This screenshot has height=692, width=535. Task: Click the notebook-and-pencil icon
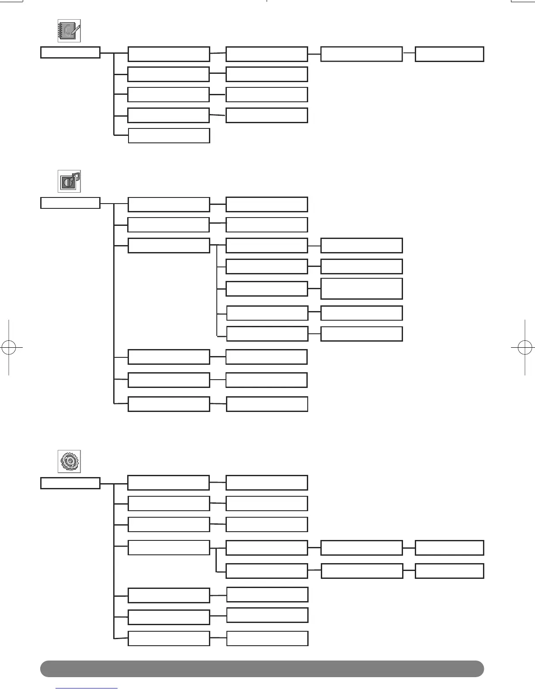pyautogui.click(x=69, y=31)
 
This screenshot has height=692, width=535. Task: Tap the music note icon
pyautogui.click(x=69, y=181)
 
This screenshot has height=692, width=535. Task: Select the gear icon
pyautogui.click(x=69, y=461)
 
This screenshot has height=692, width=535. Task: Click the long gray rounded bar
pyautogui.click(x=262, y=668)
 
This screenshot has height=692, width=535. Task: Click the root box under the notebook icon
pyautogui.click(x=70, y=52)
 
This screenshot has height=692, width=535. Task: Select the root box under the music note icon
pyautogui.click(x=70, y=203)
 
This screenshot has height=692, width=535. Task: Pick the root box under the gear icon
pyautogui.click(x=70, y=483)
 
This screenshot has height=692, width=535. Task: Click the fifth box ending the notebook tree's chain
pyautogui.click(x=449, y=54)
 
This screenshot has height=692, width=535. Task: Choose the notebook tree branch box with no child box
pyautogui.click(x=169, y=135)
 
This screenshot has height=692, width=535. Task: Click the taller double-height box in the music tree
pyautogui.click(x=361, y=289)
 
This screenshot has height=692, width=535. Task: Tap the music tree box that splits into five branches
pyautogui.click(x=169, y=246)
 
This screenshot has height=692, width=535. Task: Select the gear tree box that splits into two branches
pyautogui.click(x=169, y=548)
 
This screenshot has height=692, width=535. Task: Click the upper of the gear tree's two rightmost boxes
pyautogui.click(x=449, y=548)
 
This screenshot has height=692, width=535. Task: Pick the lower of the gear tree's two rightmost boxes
pyautogui.click(x=449, y=571)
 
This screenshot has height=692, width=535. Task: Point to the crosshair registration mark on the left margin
pyautogui.click(x=9, y=347)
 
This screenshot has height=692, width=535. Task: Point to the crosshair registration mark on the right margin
pyautogui.click(x=525, y=347)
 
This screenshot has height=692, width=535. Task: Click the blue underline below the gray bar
pyautogui.click(x=87, y=688)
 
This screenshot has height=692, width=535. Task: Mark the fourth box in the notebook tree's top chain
pyautogui.click(x=361, y=54)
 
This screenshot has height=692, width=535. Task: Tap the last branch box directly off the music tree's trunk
pyautogui.click(x=169, y=404)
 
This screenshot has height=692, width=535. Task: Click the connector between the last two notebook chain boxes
pyautogui.click(x=409, y=52)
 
